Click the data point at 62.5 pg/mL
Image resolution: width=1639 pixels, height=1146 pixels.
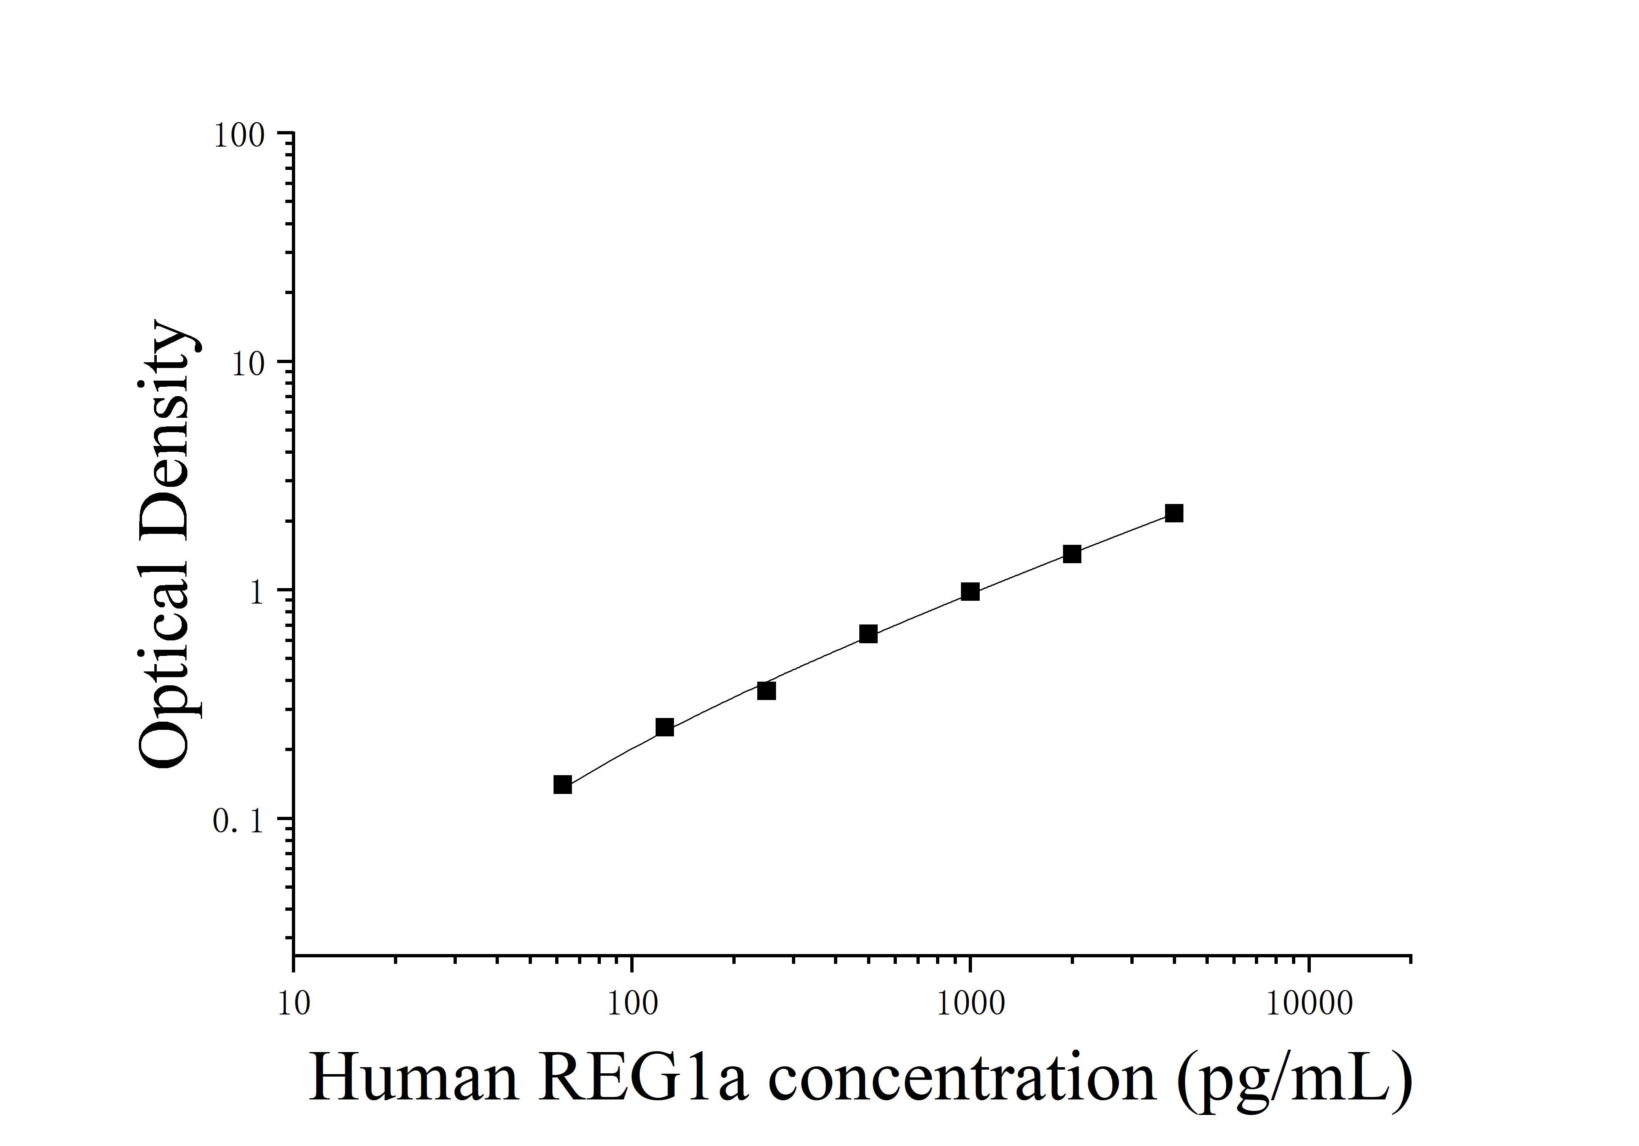coord(563,785)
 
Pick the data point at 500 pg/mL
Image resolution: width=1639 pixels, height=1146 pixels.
coord(868,634)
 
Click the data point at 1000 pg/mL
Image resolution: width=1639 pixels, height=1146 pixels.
coord(970,591)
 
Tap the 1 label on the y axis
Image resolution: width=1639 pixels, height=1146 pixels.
coord(257,592)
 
